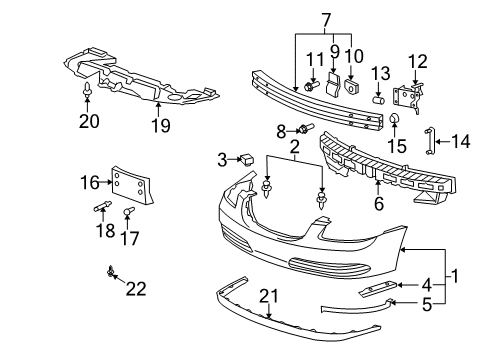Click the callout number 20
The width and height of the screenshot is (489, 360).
(85, 124)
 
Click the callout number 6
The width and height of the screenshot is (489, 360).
(378, 202)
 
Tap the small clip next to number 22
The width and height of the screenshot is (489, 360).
(109, 272)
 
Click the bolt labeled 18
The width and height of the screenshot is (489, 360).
(102, 210)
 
